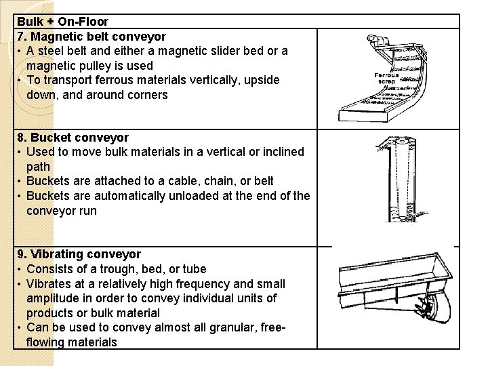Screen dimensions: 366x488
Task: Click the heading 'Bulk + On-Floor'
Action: (62, 22)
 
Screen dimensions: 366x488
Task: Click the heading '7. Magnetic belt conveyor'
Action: (91, 37)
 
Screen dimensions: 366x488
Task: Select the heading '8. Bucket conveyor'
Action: (73, 138)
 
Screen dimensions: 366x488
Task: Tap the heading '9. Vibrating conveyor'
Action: (79, 254)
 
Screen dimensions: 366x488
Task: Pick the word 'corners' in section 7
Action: (146, 95)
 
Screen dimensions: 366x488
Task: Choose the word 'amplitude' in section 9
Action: (54, 299)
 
